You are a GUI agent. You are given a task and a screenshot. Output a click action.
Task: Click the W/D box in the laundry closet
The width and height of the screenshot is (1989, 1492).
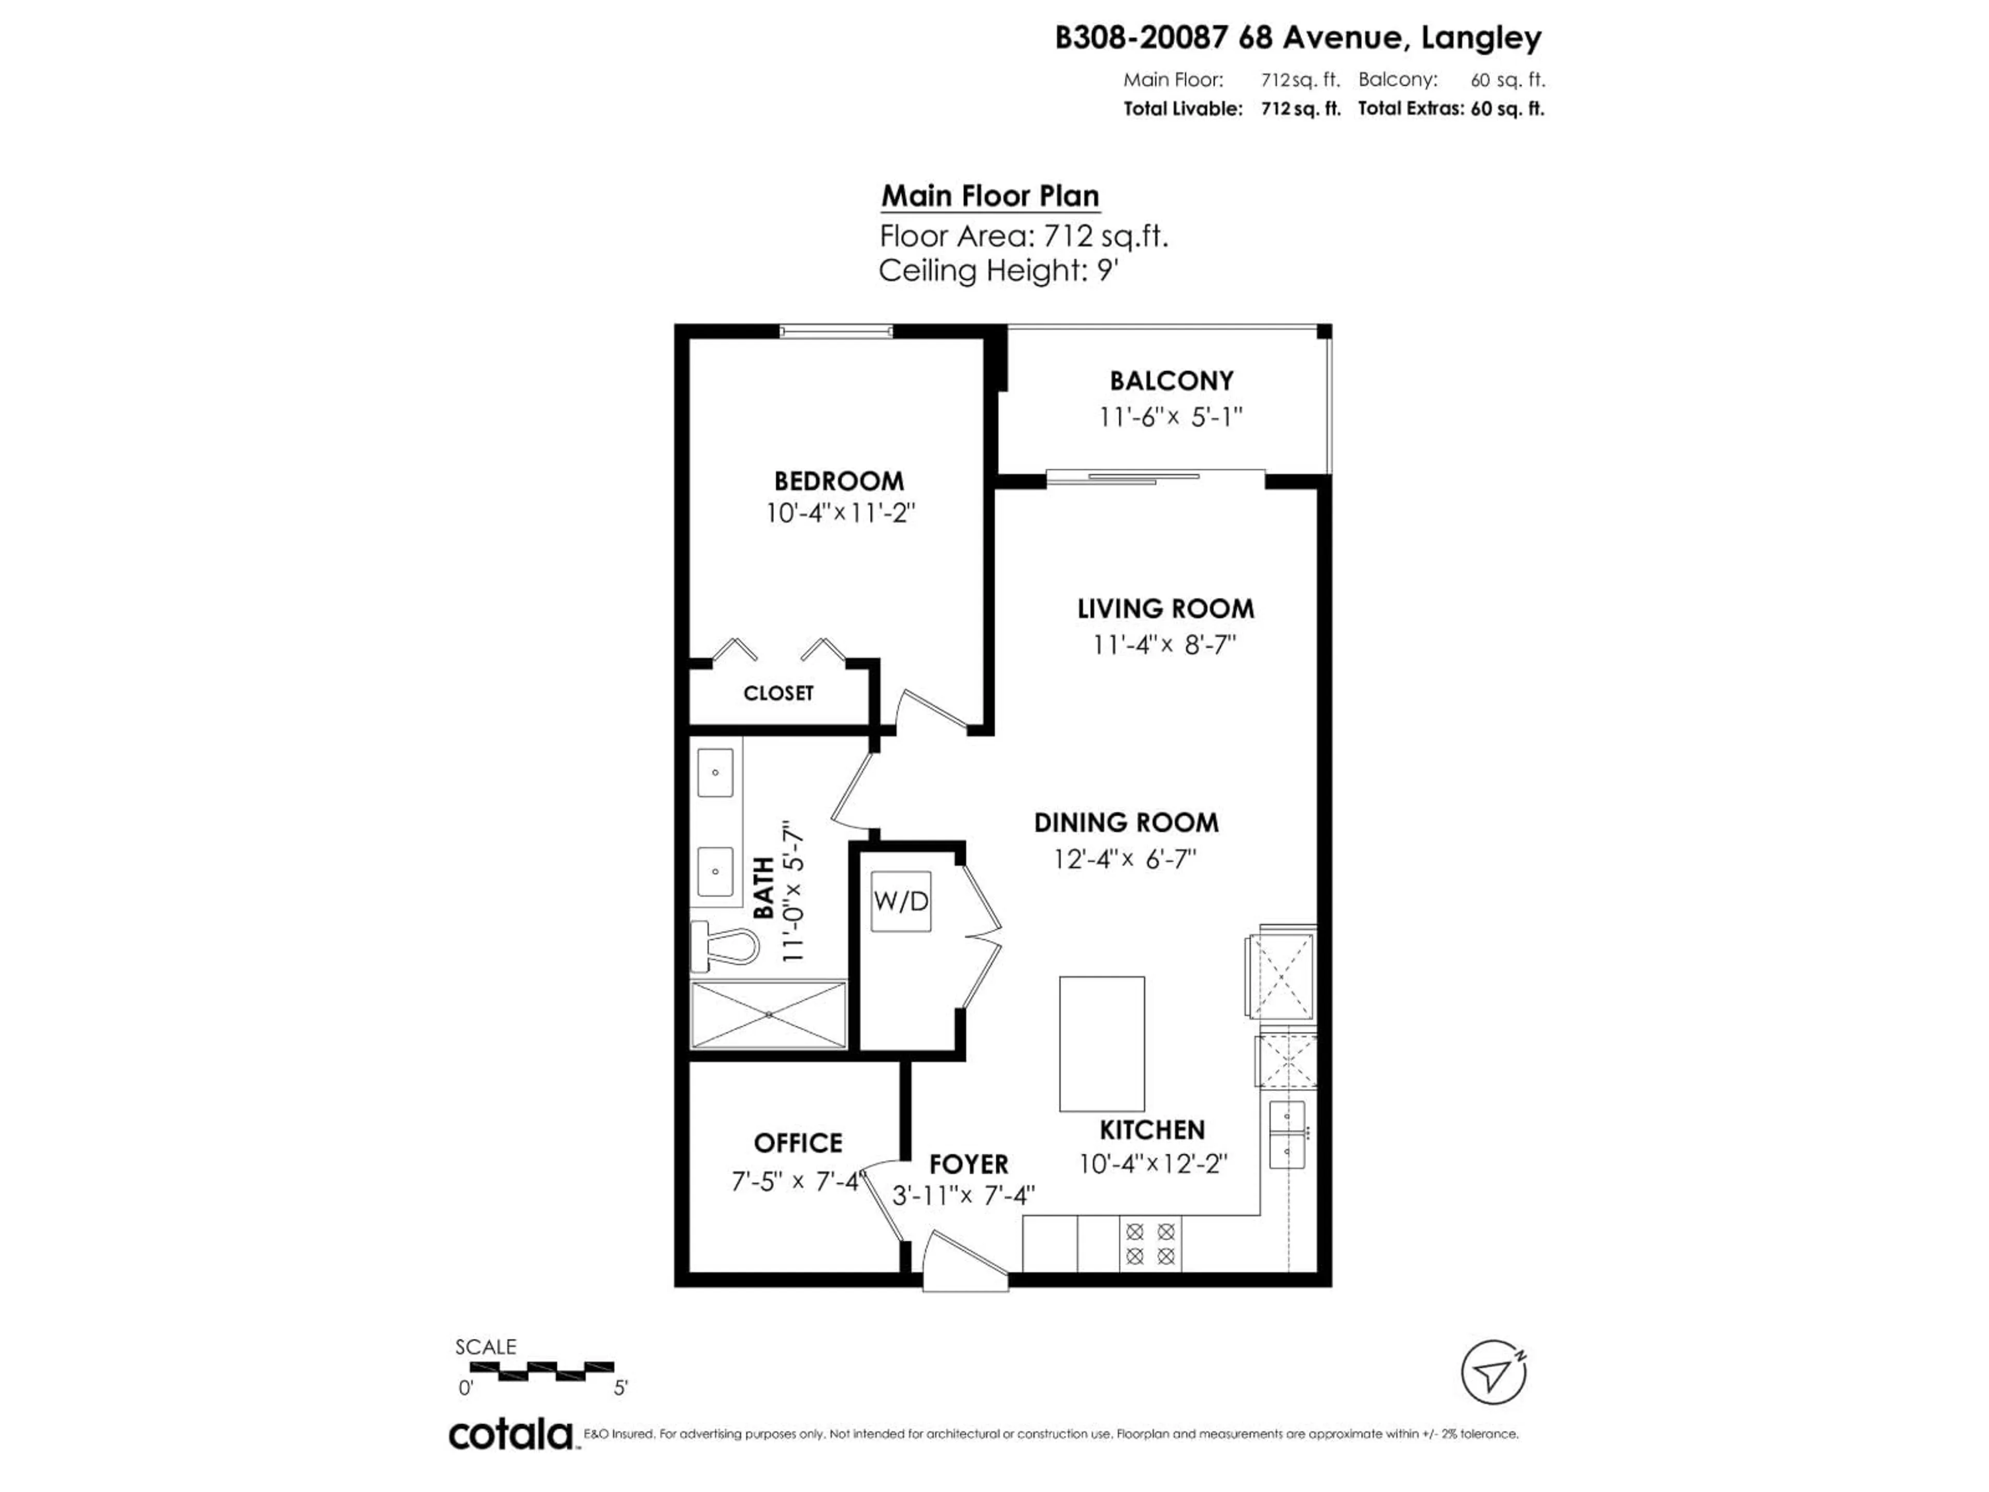tap(900, 901)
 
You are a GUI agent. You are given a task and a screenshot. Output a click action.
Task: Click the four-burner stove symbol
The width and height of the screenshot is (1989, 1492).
tap(1150, 1244)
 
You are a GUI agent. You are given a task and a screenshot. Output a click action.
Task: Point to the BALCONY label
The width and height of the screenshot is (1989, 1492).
tap(1171, 380)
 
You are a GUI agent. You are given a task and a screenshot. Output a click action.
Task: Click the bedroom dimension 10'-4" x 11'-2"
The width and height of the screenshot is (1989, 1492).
tap(840, 513)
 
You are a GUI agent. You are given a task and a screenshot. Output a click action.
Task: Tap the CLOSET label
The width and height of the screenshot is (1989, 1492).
tap(778, 693)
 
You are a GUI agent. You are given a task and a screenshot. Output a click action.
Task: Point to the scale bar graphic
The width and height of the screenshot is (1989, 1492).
tap(542, 1371)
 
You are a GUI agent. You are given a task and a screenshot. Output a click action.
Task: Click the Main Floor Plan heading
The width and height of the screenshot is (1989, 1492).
tap(990, 196)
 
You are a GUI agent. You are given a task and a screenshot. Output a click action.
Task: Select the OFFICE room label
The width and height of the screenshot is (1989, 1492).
tap(798, 1143)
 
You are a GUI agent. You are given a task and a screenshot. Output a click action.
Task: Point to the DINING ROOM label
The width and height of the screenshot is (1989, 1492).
tap(1126, 823)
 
